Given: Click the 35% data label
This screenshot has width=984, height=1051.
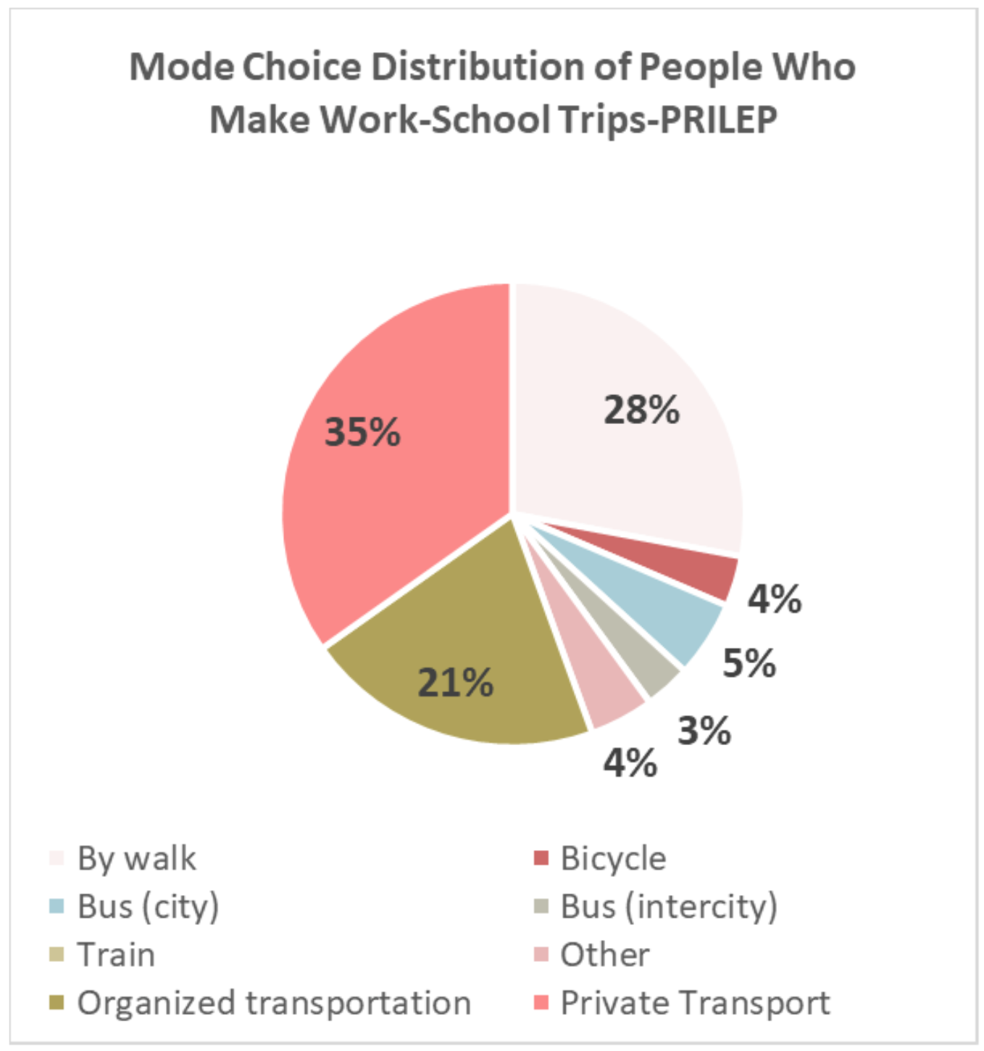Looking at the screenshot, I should click(362, 433).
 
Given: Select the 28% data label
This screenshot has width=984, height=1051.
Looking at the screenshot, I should click(641, 410).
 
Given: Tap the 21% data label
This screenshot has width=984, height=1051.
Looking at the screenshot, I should click(455, 683).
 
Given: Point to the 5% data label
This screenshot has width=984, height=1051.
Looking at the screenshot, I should click(749, 663).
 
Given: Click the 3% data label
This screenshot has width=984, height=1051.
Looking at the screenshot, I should click(704, 731).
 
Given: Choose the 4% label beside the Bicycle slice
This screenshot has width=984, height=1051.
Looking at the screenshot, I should click(775, 599).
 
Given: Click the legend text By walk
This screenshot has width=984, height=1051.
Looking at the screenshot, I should click(136, 858).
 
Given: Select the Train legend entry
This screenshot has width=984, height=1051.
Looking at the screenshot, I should click(116, 955).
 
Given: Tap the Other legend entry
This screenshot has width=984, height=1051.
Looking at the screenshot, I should click(605, 955).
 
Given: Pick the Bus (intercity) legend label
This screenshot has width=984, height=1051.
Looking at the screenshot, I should click(668, 907).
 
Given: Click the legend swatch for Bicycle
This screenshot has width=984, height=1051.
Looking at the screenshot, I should click(541, 858).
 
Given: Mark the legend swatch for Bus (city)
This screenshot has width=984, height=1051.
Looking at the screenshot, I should click(57, 907).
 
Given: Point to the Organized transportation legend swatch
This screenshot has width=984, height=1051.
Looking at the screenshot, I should click(57, 1003).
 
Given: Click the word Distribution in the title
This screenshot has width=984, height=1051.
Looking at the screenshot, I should click(478, 67).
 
